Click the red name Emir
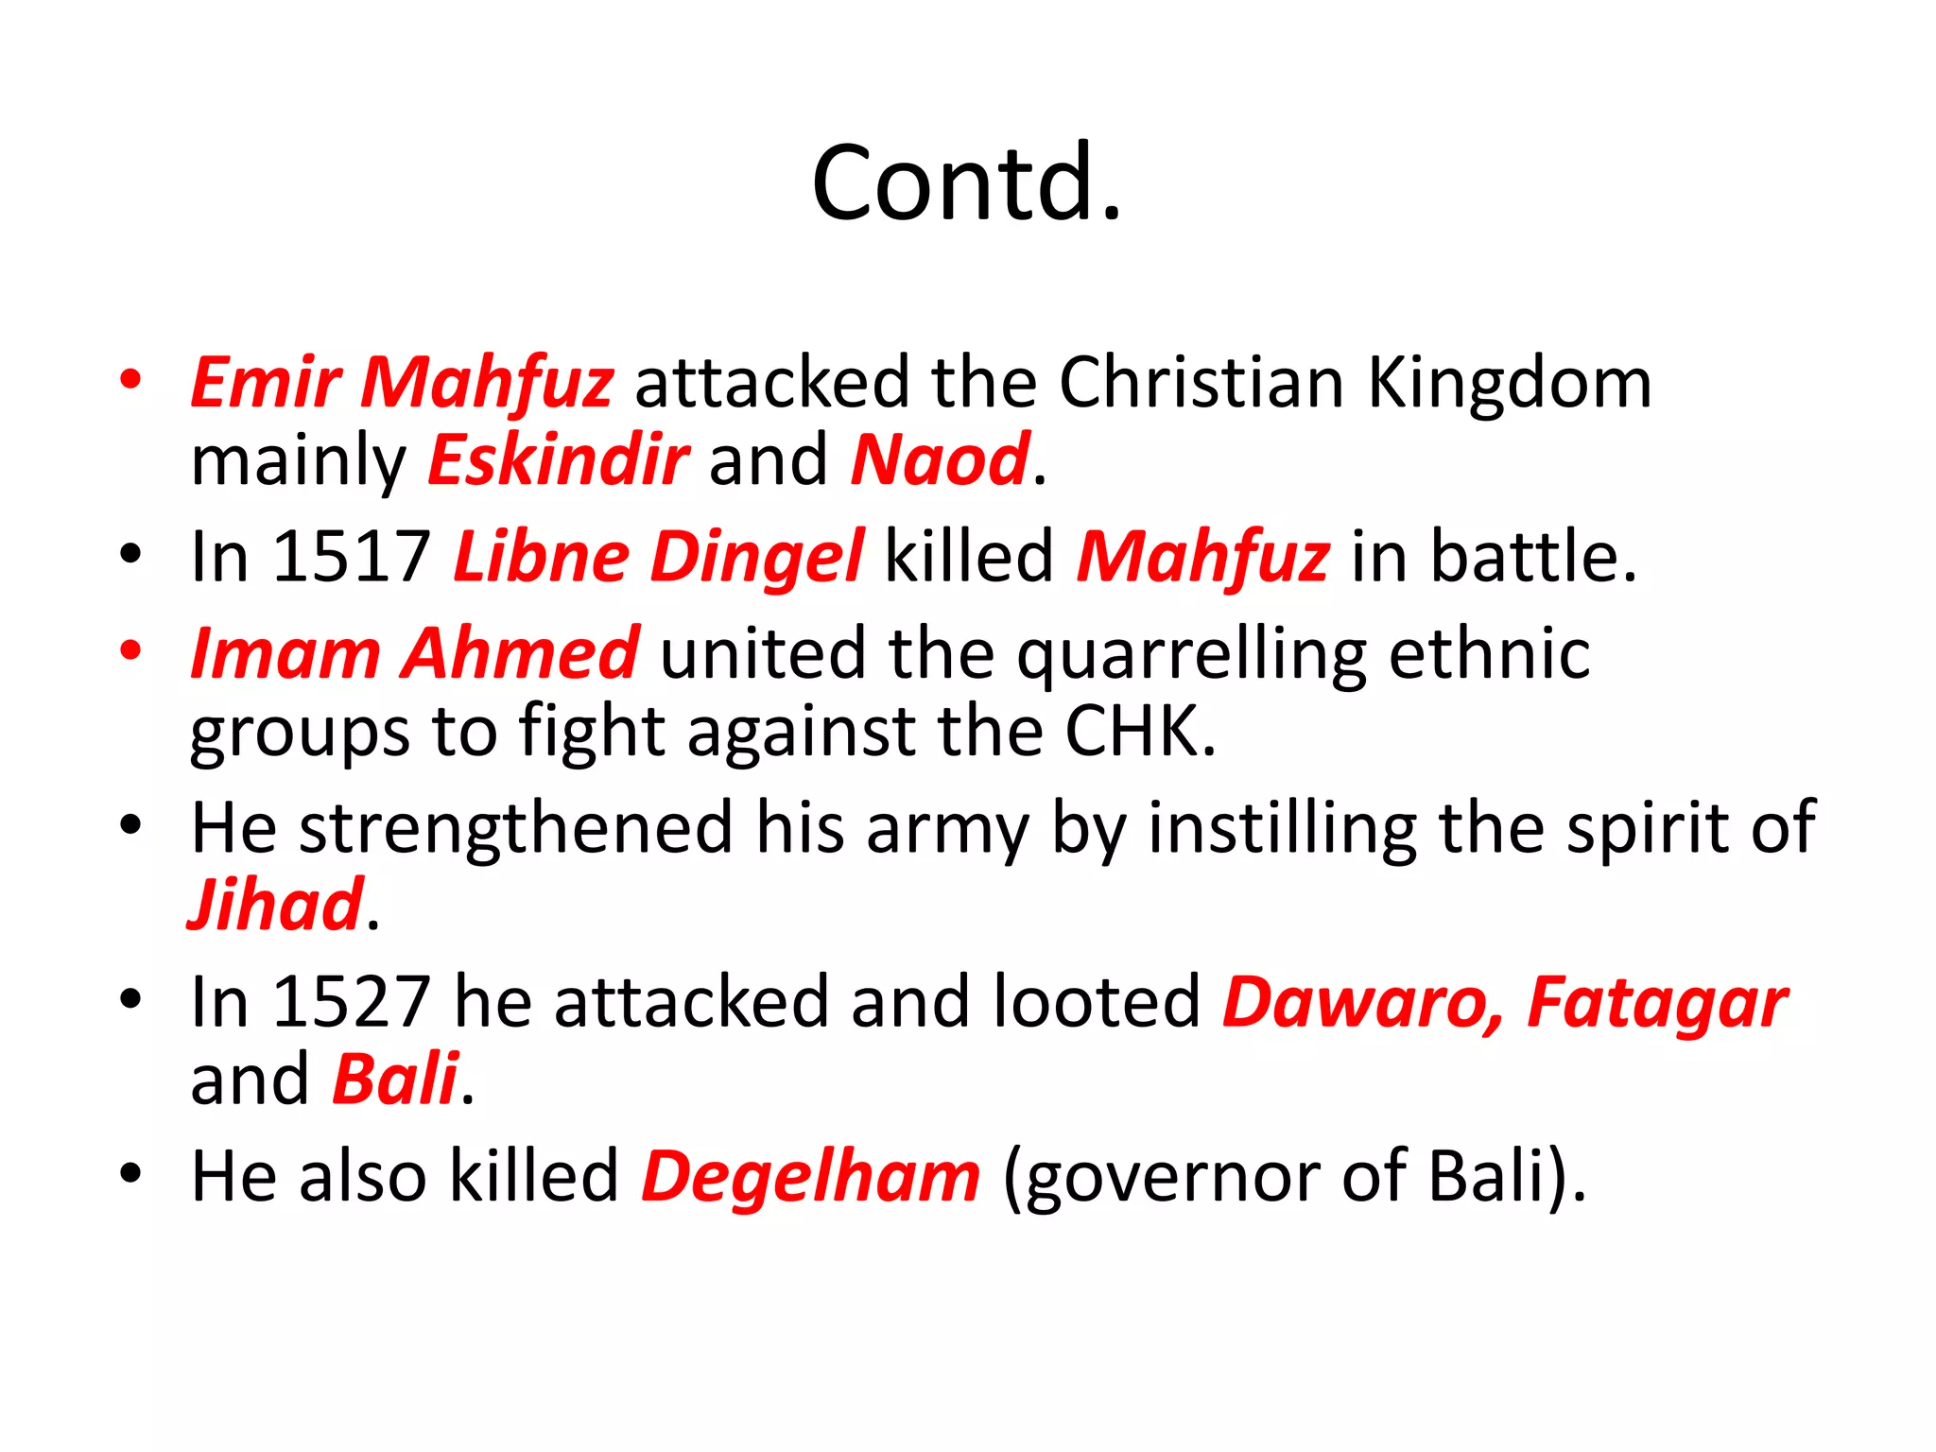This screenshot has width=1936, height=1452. click(266, 383)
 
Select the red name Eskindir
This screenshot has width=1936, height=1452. click(558, 460)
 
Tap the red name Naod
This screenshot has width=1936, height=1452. click(939, 460)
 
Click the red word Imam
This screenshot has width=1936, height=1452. click(285, 653)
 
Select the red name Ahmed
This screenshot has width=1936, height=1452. click(520, 653)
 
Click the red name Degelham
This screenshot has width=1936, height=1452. click(811, 1177)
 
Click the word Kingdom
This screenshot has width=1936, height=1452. click(1509, 383)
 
